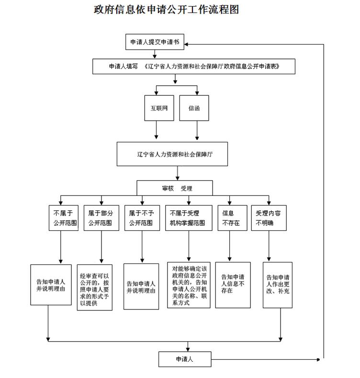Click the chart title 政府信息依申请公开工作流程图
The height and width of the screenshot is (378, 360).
pos(167,9)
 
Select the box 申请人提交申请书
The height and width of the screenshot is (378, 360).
pos(155,42)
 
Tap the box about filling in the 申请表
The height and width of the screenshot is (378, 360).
pos(194,67)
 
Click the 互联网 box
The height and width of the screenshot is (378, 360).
pos(157,108)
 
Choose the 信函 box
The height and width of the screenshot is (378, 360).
pos(193,108)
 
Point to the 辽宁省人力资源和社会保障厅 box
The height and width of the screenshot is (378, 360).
pos(172,154)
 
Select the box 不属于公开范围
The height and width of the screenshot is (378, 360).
pos(64,218)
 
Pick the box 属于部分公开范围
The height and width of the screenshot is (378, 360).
pos(100,218)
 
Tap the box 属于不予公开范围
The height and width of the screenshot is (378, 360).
pos(141,218)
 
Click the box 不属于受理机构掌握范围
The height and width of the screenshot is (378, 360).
pos(189,218)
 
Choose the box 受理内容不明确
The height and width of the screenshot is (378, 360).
pos(269,218)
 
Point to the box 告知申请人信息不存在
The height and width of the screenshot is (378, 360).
pos(233,285)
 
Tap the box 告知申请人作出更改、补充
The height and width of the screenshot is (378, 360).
pos(278,285)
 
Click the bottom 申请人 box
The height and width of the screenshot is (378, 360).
pos(184,359)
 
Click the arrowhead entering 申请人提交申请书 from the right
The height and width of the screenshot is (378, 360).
pos(187,45)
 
